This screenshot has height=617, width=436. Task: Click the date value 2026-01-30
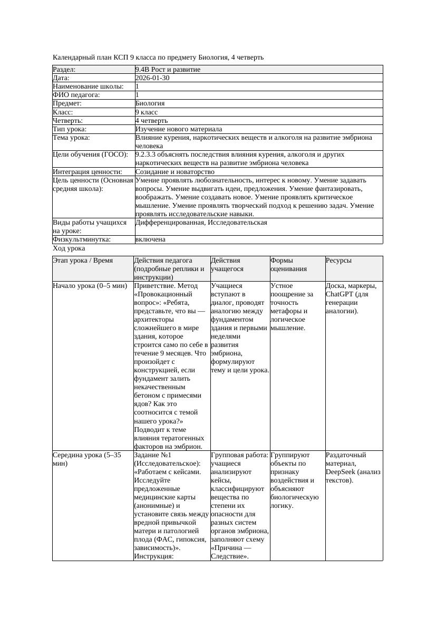[152, 78]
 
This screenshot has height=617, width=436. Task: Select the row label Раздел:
[64, 70]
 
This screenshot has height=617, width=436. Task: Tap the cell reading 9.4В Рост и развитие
[168, 70]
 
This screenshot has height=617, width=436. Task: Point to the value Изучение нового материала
[179, 129]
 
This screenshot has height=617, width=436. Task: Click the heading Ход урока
[69, 248]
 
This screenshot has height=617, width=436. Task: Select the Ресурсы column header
[338, 261]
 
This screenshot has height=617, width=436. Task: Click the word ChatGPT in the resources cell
[340, 294]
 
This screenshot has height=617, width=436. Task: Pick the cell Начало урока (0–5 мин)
[90, 286]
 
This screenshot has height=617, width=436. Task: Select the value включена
[150, 239]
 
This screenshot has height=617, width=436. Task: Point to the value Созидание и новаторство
[175, 172]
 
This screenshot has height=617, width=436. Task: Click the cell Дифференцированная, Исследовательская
[201, 223]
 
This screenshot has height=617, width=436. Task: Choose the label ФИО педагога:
[76, 95]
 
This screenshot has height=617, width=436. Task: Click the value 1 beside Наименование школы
[138, 86]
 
